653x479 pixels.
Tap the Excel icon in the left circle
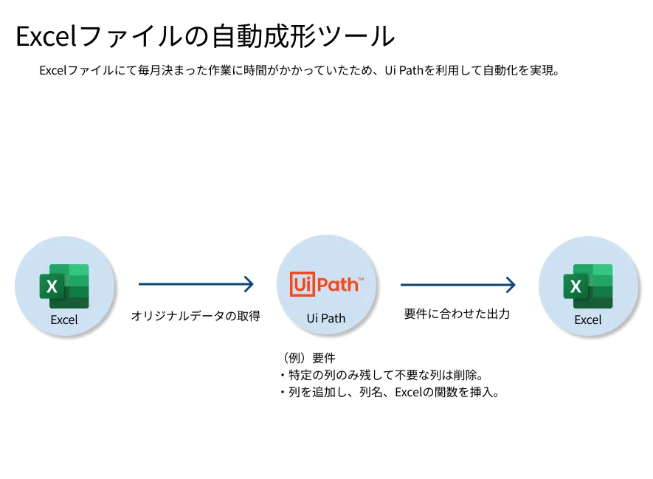[64, 286]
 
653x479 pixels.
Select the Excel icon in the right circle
[588, 286]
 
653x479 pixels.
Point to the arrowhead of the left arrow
[249, 283]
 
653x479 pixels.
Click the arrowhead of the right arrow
[510, 283]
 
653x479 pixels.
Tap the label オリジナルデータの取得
[195, 316]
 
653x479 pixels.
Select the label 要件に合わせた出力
[457, 314]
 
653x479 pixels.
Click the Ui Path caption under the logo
[325, 319]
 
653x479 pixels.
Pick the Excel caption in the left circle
[64, 320]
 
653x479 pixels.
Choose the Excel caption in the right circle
[588, 320]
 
